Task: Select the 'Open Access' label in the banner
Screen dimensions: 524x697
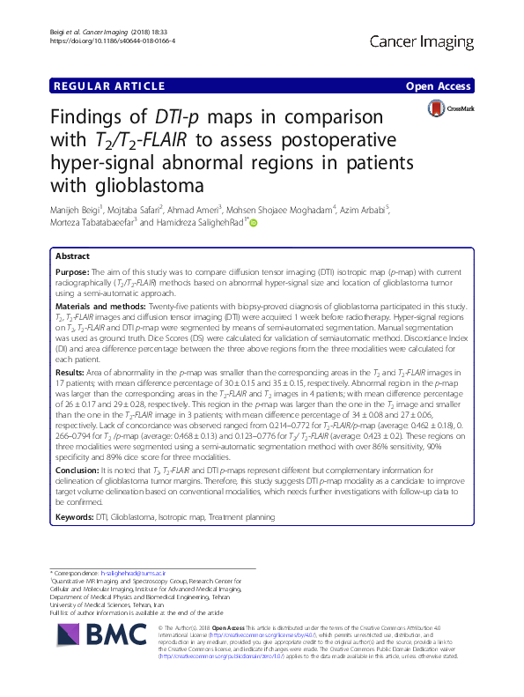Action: (x=439, y=86)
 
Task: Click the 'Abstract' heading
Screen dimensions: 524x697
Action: (x=74, y=256)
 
